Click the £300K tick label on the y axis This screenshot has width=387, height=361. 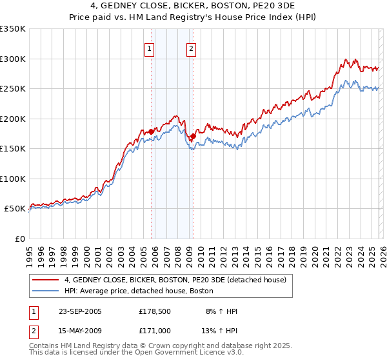(13, 59)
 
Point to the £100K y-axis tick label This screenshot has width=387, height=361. (13, 179)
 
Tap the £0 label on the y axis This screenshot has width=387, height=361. (19, 239)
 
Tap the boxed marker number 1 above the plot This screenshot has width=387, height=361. (150, 48)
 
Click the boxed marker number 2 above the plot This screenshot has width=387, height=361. (192, 48)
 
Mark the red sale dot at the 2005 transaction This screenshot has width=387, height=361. (152, 132)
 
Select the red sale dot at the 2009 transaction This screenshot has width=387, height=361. (193, 136)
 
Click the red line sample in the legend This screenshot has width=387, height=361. (46, 280)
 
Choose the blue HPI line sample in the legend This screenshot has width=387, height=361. (46, 291)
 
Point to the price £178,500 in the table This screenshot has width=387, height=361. (155, 311)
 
